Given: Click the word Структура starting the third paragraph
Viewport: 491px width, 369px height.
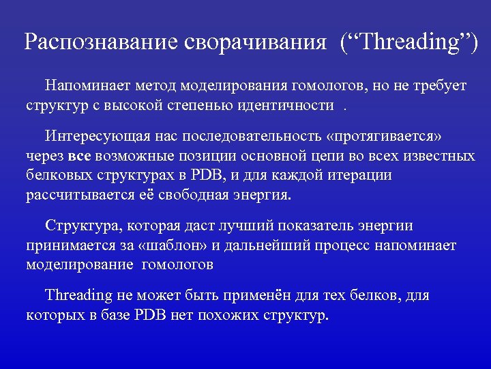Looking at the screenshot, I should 76,226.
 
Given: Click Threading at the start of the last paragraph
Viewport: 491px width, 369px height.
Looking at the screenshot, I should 78,296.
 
